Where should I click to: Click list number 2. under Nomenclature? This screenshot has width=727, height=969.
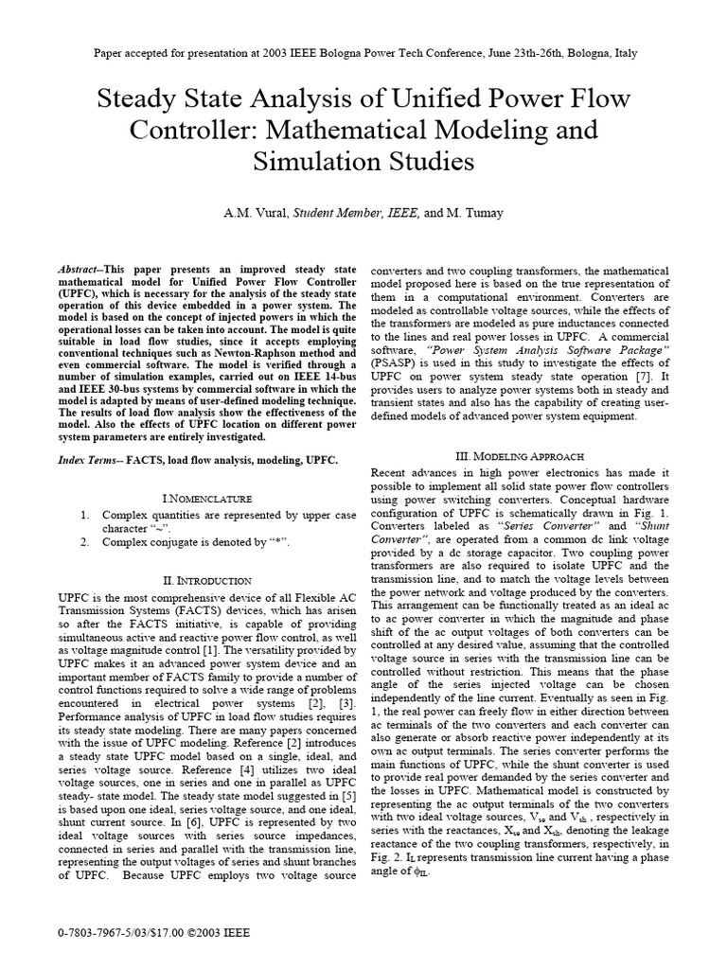84,541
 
